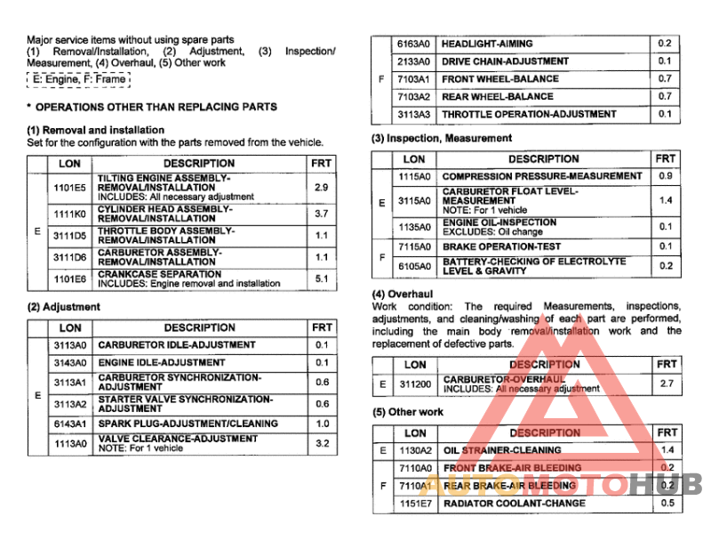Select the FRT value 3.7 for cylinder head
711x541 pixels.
coord(321,214)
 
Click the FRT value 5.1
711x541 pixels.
coord(321,279)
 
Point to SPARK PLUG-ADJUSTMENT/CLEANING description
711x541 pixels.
coord(188,424)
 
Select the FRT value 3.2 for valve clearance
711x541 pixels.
coord(321,443)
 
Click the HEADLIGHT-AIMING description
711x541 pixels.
coord(488,44)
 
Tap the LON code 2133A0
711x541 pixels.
coord(413,61)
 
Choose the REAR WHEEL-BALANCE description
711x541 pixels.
coord(498,96)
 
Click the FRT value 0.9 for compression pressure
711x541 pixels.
coord(665,176)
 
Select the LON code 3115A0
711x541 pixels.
coord(413,201)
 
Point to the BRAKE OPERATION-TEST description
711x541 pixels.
coord(501,246)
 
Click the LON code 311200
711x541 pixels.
coord(414,384)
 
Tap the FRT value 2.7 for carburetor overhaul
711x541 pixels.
coord(666,384)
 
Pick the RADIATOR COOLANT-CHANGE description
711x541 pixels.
coord(515,504)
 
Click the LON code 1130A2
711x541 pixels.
coord(414,450)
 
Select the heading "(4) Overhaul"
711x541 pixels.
coord(403,293)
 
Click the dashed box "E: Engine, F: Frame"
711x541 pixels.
coord(78,79)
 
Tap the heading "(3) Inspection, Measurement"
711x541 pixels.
coord(442,138)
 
